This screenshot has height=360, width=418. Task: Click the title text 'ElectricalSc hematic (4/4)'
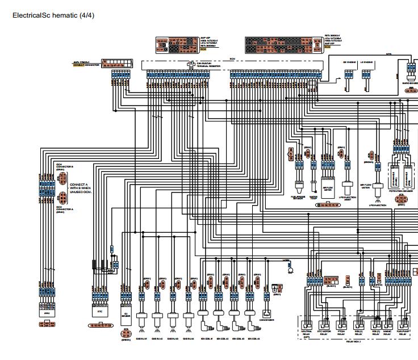[x=53, y=15]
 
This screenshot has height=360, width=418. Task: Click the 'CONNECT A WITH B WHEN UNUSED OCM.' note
[x=80, y=189]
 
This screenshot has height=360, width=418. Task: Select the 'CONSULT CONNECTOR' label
[x=86, y=65]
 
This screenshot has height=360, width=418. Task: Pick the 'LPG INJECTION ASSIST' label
[x=346, y=199]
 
